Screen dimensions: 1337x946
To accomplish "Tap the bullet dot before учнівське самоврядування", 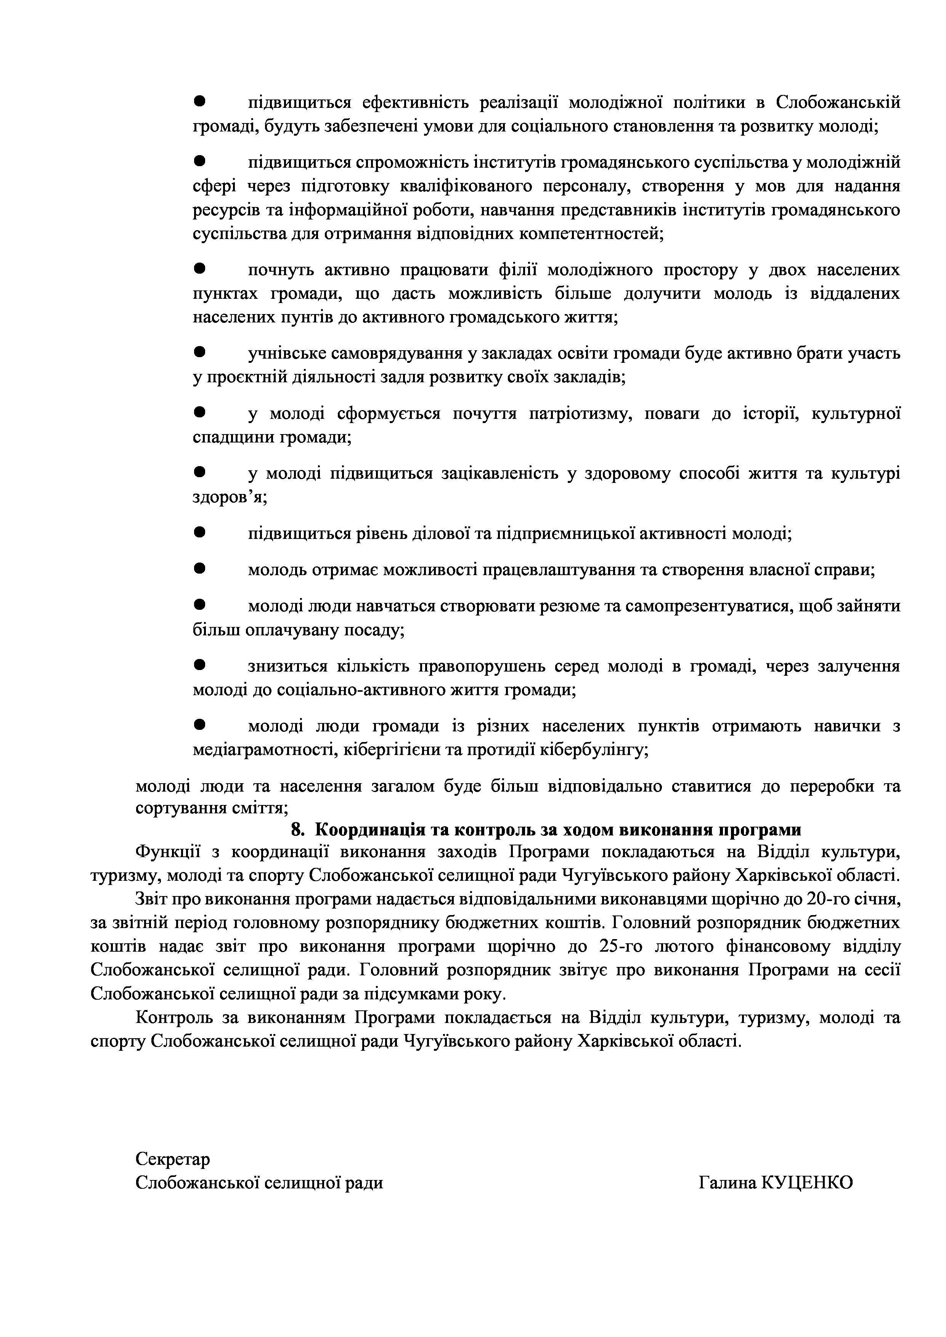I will pyautogui.click(x=201, y=352).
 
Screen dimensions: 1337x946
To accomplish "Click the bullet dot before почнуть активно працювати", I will pyautogui.click(x=201, y=268).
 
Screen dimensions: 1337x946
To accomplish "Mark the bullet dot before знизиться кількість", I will pyautogui.click(x=201, y=664).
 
